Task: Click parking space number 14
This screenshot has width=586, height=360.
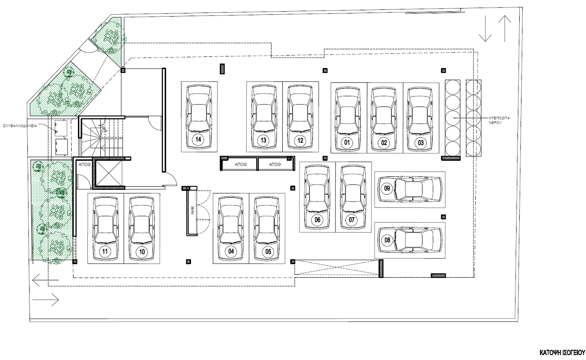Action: click(198, 139)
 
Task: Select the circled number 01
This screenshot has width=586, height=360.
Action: click(347, 142)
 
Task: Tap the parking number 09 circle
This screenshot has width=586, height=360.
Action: click(387, 188)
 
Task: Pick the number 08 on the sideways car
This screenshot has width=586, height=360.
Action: click(387, 240)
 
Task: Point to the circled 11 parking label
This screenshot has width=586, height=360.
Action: click(105, 252)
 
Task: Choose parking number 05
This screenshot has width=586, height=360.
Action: click(268, 252)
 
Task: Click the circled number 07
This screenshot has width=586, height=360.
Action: click(352, 219)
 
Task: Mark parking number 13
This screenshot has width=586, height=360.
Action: click(263, 141)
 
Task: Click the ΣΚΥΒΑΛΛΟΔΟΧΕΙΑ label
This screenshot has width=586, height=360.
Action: click(20, 126)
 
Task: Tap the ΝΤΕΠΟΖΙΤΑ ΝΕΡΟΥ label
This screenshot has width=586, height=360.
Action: click(499, 120)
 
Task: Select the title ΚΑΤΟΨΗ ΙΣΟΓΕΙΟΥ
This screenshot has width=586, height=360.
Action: click(562, 353)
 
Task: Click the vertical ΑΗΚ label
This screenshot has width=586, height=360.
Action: click(193, 210)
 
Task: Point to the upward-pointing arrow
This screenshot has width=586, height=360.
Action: click(504, 29)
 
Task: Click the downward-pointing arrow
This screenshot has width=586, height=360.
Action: click(485, 29)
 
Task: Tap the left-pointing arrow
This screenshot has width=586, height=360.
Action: click(46, 280)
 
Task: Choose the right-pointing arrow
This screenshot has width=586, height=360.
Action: click(46, 300)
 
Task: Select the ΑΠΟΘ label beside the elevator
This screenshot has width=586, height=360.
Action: click(85, 165)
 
